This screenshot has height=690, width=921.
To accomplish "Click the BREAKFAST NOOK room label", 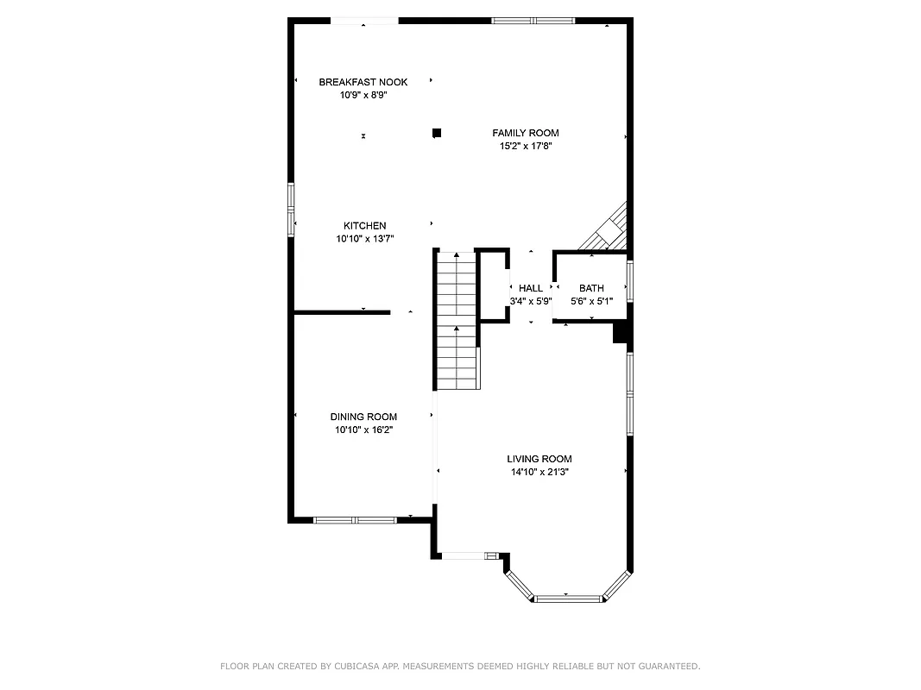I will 363,82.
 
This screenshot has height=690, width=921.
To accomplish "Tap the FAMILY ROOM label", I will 525,133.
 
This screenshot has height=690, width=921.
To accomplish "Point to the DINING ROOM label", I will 363,417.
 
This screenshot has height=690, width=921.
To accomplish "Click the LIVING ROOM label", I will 539,459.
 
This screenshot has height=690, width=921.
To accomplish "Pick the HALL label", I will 531,288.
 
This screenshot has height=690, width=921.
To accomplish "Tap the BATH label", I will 591,288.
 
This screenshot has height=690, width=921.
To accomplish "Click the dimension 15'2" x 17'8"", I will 525,147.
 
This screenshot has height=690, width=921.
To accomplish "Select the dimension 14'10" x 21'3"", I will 539,473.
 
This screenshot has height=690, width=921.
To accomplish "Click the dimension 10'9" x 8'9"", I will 363,96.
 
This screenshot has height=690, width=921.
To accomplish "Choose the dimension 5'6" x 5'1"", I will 591,302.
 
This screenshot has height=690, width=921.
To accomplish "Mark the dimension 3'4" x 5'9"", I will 531,302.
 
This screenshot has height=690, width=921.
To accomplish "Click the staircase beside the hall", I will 457,321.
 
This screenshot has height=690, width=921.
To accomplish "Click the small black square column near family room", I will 437,133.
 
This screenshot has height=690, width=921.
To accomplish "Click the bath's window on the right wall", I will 630,281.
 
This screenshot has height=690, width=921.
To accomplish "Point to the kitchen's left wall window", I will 291,209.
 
